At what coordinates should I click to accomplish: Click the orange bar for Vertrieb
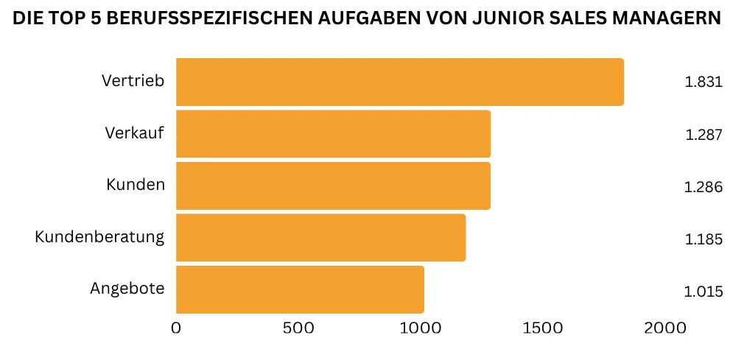tap(399, 82)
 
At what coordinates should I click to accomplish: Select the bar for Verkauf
tap(333, 134)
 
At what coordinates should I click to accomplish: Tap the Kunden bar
tap(333, 186)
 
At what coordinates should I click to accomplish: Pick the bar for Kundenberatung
tap(320, 237)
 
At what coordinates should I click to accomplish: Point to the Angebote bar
tap(300, 289)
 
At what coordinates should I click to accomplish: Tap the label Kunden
tap(136, 184)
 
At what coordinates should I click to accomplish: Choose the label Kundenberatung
tap(99, 237)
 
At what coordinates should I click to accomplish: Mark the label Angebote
tap(127, 289)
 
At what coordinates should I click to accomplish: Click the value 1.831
tap(704, 82)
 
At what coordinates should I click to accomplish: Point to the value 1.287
tap(704, 135)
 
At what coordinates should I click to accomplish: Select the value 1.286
tap(704, 187)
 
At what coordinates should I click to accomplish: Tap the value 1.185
tap(704, 239)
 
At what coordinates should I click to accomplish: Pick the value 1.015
tap(704, 292)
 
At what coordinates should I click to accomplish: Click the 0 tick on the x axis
tap(176, 328)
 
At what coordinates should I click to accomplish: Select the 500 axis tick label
tap(298, 328)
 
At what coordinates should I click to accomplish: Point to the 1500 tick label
tap(542, 328)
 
